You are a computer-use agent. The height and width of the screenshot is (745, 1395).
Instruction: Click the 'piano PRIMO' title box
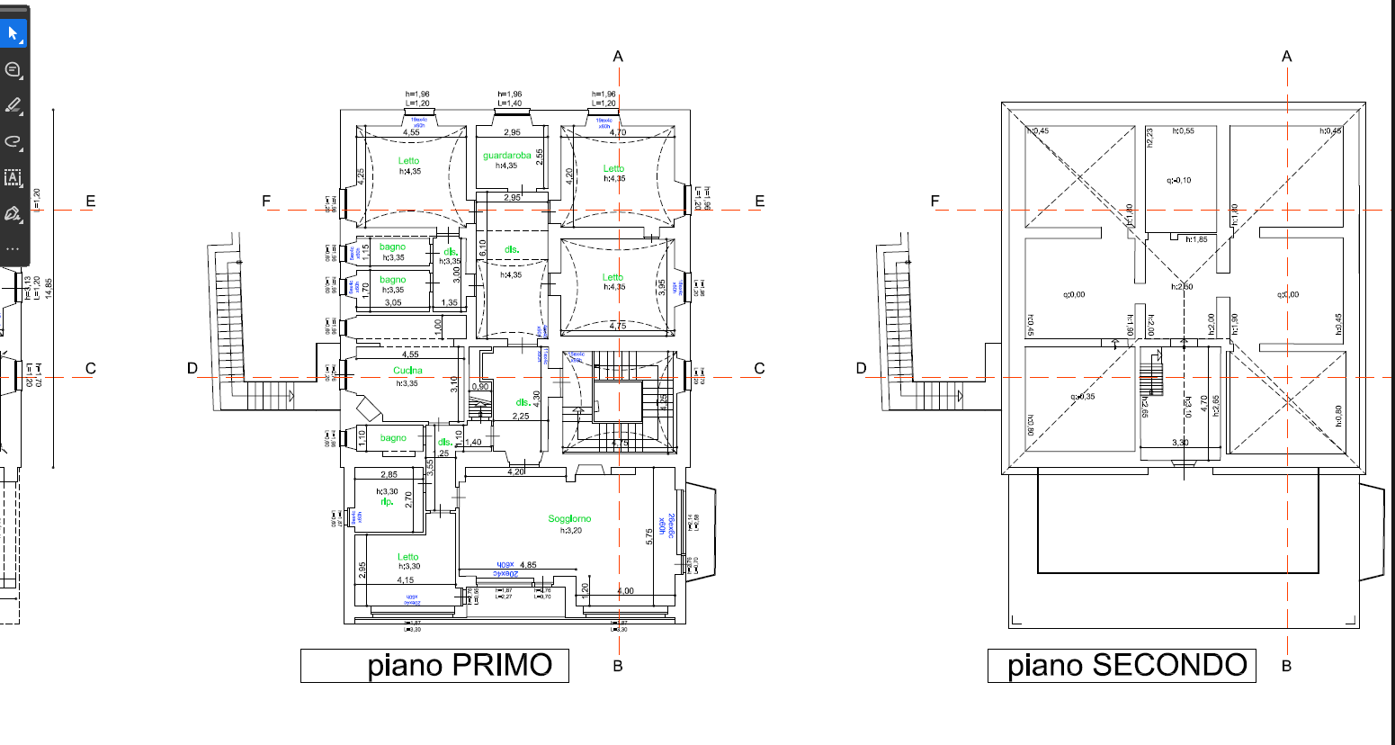434,666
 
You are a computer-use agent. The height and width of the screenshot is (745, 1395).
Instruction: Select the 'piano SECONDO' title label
1122,666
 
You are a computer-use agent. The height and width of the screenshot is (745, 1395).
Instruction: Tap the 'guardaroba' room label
507,156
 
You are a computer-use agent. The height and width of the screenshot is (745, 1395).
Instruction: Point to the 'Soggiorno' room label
570,518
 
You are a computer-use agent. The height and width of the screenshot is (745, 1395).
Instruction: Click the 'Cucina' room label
407,371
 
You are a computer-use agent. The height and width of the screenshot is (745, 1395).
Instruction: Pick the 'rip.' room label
388,502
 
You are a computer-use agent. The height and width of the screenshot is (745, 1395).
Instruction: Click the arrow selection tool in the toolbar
13,34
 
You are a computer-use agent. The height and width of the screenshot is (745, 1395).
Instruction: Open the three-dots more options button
13,249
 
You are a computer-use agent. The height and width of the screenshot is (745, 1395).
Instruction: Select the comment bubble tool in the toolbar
13,70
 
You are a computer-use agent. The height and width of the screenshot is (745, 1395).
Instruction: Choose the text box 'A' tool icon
13,177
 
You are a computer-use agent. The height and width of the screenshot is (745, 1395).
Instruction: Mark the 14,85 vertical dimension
49,288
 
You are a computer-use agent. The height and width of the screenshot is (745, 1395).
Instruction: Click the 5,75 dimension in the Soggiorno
649,536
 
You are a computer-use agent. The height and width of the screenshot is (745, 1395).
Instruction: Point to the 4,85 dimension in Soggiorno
528,565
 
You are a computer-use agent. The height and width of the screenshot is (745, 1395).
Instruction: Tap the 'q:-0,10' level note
1178,180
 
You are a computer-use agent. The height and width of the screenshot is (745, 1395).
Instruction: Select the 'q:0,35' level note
1083,397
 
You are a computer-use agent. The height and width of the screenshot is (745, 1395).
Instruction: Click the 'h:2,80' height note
1182,287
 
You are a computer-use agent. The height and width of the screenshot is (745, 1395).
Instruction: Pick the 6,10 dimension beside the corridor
483,247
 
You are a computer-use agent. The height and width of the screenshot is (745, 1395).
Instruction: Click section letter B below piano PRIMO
618,666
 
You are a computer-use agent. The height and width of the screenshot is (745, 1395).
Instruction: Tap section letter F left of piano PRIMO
266,202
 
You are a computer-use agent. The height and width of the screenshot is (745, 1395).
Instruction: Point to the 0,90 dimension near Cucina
481,387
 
